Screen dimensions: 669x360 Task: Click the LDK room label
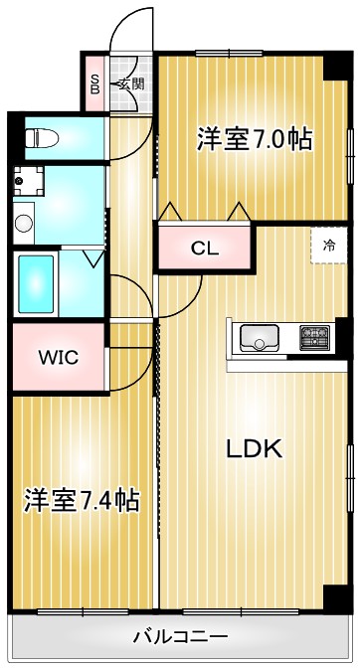pyautogui.click(x=254, y=448)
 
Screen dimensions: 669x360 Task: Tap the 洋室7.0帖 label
pyautogui.click(x=255, y=139)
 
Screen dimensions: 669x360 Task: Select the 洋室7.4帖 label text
pyautogui.click(x=82, y=499)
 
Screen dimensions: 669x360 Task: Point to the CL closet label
pyautogui.click(x=205, y=249)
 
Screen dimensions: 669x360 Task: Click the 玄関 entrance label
pyautogui.click(x=130, y=84)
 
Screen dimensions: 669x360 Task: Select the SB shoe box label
pyautogui.click(x=95, y=84)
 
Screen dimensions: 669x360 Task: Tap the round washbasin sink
pyautogui.click(x=23, y=221)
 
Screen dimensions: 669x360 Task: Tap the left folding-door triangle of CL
pyautogui.click(x=169, y=212)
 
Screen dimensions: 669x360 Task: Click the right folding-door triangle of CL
pyautogui.click(x=239, y=212)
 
